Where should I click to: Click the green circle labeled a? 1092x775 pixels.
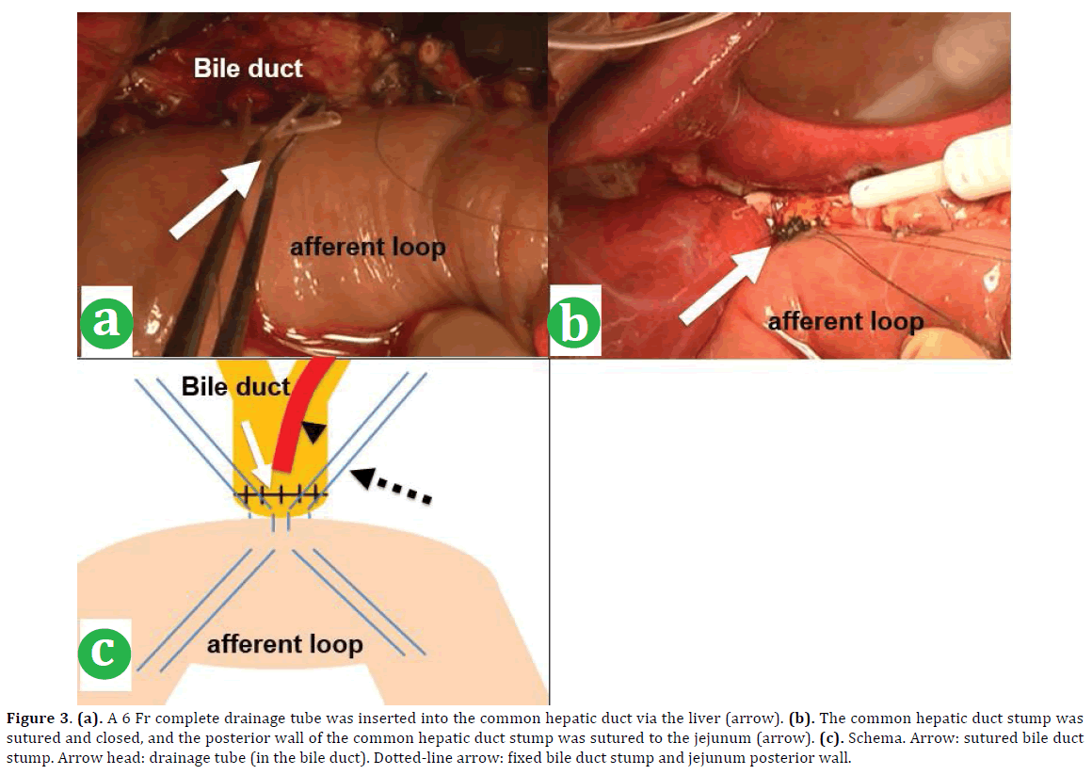click(x=105, y=321)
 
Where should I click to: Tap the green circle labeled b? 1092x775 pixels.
click(x=574, y=324)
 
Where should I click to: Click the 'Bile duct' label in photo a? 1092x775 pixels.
click(x=248, y=68)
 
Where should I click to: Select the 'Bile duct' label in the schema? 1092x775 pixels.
click(x=235, y=387)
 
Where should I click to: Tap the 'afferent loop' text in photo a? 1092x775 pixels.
click(x=366, y=248)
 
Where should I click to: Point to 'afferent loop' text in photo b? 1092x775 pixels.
click(x=845, y=321)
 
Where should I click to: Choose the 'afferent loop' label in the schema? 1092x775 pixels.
click(x=284, y=645)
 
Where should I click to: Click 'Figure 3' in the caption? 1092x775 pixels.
click(x=39, y=718)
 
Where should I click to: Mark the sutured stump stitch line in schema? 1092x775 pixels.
click(x=281, y=492)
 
